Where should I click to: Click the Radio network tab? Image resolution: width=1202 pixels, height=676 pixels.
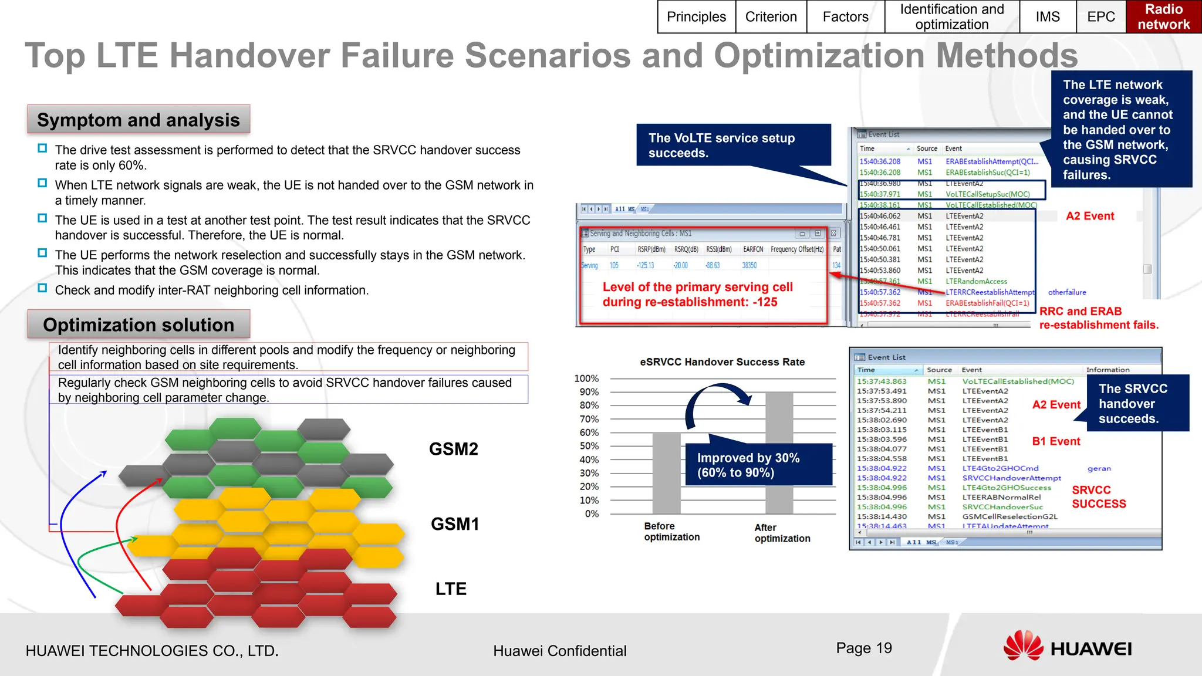coord(1163,16)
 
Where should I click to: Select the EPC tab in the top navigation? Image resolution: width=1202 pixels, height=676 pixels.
coord(1100,16)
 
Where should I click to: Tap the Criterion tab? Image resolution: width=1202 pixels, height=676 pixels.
coord(771,16)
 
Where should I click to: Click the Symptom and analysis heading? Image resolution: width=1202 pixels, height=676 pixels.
coord(139,120)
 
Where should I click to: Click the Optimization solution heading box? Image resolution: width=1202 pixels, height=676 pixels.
coord(139,325)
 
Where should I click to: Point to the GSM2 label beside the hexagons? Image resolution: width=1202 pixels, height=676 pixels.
coord(453,449)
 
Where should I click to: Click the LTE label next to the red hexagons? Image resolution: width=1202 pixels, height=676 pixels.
coord(451,589)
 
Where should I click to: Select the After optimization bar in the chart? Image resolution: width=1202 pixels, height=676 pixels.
coord(779,452)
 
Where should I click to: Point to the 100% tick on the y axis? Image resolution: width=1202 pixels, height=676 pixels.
coord(586,378)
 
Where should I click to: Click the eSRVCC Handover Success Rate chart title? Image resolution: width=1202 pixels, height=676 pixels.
coord(722,362)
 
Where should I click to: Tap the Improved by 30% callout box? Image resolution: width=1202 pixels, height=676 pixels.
coord(758,465)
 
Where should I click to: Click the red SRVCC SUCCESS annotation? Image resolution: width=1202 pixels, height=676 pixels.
coord(1098,497)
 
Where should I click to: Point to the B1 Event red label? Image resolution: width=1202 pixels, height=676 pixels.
coord(1056,441)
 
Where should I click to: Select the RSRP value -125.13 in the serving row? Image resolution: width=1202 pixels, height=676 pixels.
coord(645,265)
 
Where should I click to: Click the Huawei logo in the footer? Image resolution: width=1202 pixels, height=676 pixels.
coord(1067,647)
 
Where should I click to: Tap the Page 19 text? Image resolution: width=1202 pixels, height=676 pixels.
coord(863,648)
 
